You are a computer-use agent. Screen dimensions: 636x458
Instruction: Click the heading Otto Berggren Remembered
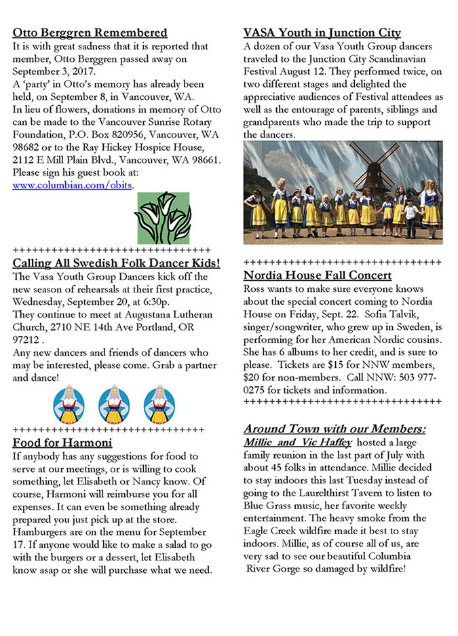pos(90,33)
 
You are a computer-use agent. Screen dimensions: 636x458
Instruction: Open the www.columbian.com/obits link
pos(73,185)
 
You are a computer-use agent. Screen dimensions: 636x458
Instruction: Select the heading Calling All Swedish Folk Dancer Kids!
pos(116,263)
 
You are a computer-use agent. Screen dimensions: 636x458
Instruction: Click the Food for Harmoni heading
pos(62,443)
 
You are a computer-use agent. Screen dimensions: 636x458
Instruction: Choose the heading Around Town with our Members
pos(335,429)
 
